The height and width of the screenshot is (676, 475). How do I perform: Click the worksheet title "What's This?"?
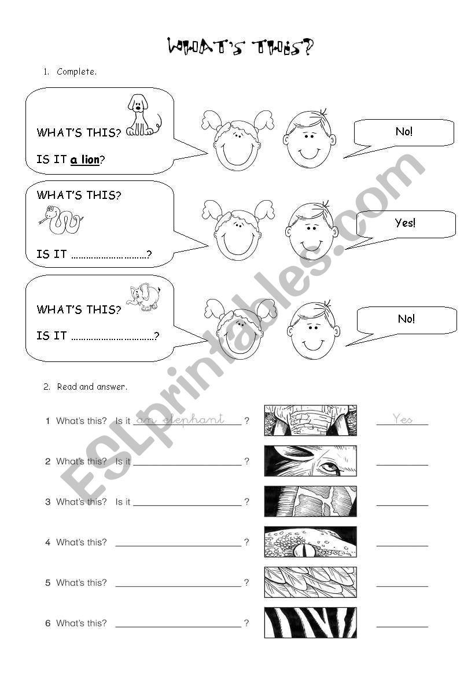point(240,47)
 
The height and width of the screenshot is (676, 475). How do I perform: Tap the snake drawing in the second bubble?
point(60,220)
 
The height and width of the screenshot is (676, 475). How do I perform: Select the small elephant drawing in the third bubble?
point(143,297)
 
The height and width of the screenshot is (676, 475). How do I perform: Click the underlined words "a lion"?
point(84,160)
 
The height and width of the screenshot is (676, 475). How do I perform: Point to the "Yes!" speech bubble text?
point(405,223)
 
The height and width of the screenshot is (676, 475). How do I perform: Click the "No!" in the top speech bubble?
point(404,132)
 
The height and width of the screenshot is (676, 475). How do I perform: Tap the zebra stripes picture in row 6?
point(311,622)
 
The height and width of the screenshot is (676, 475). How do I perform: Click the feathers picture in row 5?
point(311,582)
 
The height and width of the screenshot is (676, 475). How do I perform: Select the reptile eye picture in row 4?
point(311,542)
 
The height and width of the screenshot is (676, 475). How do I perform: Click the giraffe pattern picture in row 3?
point(311,501)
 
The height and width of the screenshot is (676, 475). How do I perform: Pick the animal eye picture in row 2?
point(311,461)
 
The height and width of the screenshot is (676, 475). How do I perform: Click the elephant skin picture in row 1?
point(311,420)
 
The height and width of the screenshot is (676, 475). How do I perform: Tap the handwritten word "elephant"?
point(193,419)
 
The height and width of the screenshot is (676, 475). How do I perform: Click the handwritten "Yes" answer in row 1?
point(402,419)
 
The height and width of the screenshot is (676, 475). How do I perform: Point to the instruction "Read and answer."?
point(92,387)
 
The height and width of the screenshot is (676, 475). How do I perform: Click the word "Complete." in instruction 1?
point(77,72)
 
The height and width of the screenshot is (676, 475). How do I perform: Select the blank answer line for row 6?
point(402,626)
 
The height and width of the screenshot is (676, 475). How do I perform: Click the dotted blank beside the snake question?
point(109,255)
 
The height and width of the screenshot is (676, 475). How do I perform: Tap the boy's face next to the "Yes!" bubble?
point(311,232)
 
